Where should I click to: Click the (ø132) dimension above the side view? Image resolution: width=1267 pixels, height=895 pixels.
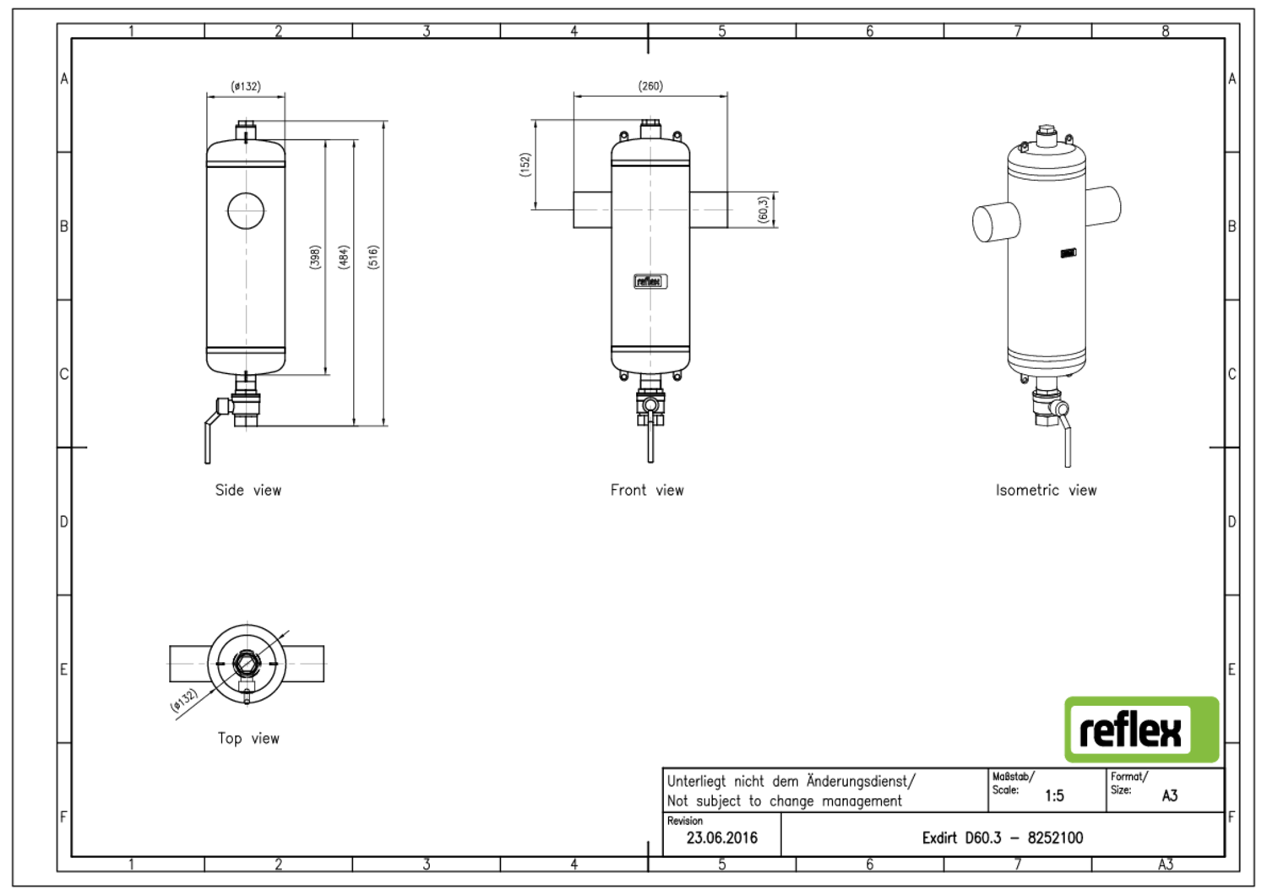(246, 86)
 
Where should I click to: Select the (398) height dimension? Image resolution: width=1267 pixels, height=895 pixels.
(316, 257)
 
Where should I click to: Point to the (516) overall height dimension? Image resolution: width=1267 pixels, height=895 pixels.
(373, 257)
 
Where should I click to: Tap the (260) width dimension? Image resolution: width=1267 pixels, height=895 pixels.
(650, 86)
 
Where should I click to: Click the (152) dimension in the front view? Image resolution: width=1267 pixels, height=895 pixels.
(525, 165)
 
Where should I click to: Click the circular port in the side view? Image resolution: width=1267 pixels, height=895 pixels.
(246, 210)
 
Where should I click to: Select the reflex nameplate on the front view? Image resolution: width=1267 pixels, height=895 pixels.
(650, 281)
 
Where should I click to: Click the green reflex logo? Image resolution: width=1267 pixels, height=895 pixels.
(1141, 730)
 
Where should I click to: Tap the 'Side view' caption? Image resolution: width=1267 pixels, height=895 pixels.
(247, 491)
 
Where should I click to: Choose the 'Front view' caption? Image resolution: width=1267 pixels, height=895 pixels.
(647, 491)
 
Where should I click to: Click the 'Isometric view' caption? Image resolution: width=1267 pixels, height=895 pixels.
(1046, 491)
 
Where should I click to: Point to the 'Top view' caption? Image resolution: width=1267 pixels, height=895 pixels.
(248, 739)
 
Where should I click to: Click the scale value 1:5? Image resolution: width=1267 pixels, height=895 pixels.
(1054, 796)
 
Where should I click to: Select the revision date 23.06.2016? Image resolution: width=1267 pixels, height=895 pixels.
(721, 838)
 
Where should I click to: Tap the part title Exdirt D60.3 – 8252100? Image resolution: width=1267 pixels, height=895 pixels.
(1003, 838)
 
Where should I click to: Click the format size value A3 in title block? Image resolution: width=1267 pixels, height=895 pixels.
(1170, 796)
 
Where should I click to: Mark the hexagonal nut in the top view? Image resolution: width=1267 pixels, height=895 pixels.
(247, 663)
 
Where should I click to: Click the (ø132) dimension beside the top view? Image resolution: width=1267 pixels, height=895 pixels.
(184, 700)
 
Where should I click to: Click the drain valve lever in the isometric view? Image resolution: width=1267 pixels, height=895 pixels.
(1066, 438)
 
